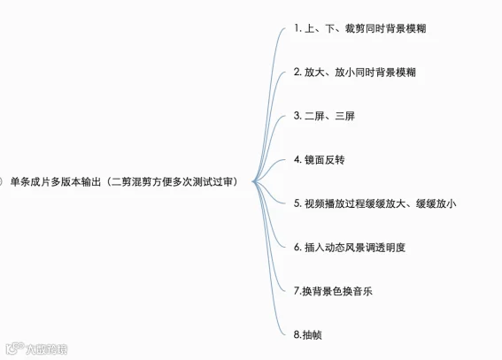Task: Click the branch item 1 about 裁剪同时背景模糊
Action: coord(359,28)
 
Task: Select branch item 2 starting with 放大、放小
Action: coord(355,73)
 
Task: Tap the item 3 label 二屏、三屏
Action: coord(324,116)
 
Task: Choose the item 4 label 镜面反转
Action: coord(320,159)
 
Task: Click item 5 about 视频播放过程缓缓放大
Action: coord(375,203)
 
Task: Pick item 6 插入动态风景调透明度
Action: coord(350,247)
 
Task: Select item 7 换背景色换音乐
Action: coord(333,291)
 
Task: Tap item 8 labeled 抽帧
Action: coord(308,334)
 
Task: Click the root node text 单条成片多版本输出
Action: coord(56,181)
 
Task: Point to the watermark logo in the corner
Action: coord(36,349)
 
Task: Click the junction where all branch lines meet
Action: coord(253,181)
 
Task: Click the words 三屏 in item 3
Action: coord(344,116)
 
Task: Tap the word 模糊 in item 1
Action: coord(416,28)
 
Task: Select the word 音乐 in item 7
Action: coord(362,291)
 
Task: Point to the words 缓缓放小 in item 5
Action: coord(436,203)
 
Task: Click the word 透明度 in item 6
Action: coord(390,247)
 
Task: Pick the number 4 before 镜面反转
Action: coord(297,159)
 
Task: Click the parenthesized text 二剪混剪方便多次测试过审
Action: coord(173,181)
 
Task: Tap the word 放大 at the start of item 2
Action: coord(314,73)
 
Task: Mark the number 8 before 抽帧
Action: coord(297,334)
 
